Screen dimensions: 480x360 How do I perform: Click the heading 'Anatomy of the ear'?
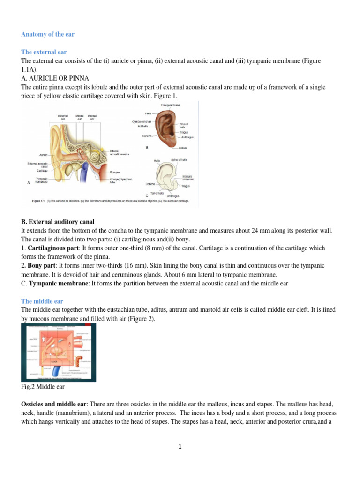(48, 34)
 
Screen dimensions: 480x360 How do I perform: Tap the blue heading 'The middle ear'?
(42, 301)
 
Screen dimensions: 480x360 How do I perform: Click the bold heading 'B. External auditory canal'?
(58, 221)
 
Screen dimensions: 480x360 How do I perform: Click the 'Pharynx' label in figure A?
(115, 172)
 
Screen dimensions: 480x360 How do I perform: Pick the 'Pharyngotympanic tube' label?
(120, 181)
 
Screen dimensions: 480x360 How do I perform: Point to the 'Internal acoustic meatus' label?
(119, 152)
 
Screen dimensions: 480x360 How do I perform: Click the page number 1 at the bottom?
(180, 447)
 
